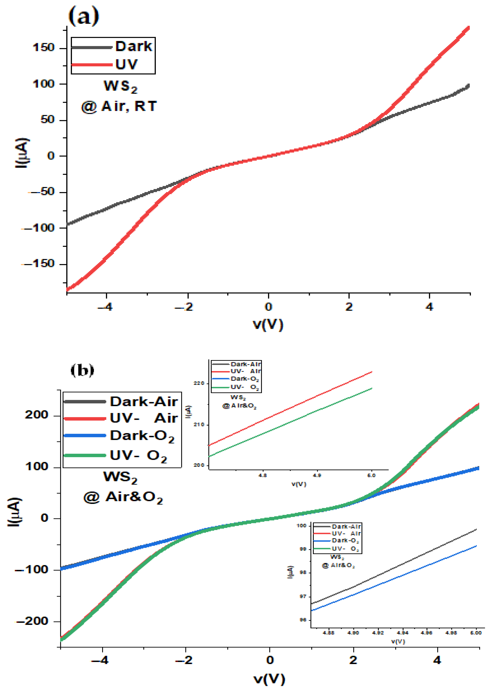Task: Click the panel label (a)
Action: click(x=84, y=17)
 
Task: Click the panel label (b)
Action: click(x=82, y=370)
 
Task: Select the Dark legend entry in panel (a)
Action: click(x=134, y=47)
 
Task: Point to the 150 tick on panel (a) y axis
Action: click(x=44, y=48)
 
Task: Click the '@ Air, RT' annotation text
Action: click(x=119, y=106)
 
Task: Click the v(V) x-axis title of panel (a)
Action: click(x=268, y=324)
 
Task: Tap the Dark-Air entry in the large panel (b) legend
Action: click(x=144, y=402)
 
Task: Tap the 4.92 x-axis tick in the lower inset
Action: click(x=378, y=633)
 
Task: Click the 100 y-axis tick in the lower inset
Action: click(x=301, y=526)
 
